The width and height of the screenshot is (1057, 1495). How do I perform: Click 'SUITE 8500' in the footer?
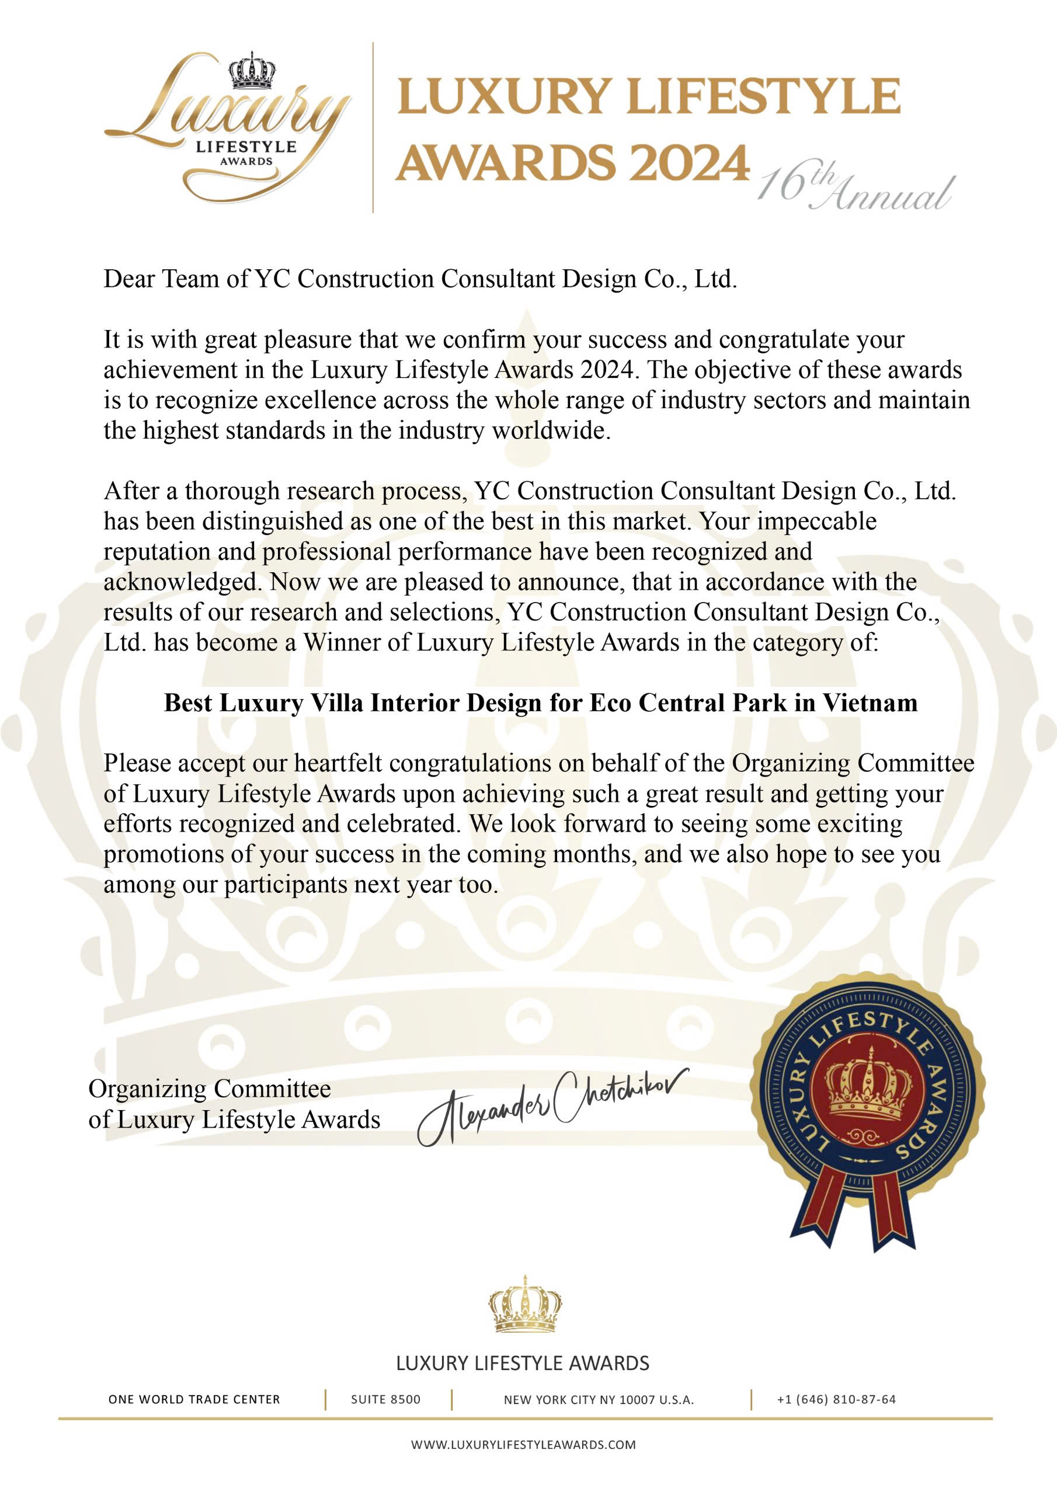(385, 1399)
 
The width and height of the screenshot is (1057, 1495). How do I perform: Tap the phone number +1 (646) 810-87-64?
(836, 1399)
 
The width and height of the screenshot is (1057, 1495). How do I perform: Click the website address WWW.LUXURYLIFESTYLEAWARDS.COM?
(523, 1445)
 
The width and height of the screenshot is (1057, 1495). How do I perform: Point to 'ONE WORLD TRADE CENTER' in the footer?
(194, 1399)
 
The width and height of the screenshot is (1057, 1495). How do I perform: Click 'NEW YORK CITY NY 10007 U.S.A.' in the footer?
(599, 1399)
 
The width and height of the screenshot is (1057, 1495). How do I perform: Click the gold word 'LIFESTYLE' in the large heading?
(770, 98)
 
